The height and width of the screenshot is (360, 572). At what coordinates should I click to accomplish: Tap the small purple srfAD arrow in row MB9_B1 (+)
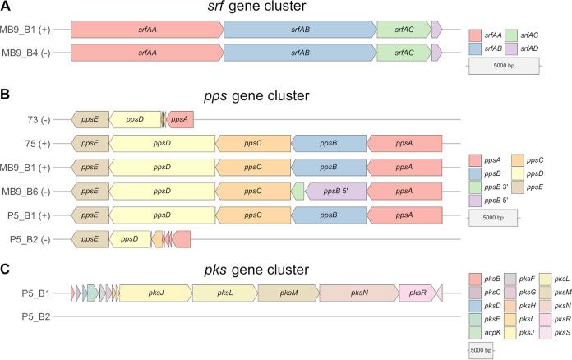(436, 30)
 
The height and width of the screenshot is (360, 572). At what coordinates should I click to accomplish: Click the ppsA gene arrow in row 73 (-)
(181, 119)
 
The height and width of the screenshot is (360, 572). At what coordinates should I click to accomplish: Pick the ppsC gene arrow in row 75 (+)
(252, 143)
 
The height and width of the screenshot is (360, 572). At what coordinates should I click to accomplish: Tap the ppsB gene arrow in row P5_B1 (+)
(328, 215)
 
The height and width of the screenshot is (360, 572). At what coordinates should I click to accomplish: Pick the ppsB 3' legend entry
(493, 187)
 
